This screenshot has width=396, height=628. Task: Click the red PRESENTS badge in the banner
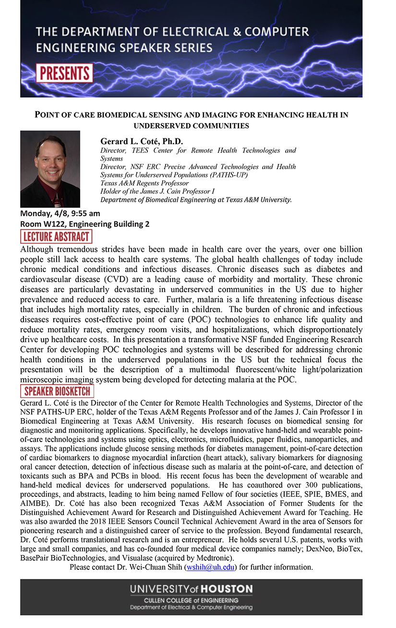tap(64, 73)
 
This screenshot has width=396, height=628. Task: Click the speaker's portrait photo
tap(50, 169)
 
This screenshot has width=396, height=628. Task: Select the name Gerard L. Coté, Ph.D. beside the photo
tap(142, 141)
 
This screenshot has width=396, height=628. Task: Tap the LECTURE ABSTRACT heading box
tap(56, 236)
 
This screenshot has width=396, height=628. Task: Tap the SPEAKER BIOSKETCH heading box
tap(57, 391)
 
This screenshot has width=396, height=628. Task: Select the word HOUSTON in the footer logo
tap(227, 589)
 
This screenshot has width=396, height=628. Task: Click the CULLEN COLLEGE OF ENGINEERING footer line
tap(191, 601)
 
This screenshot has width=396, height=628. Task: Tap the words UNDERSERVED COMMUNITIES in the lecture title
tap(191, 126)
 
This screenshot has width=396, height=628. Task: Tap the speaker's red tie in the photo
tap(57, 198)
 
